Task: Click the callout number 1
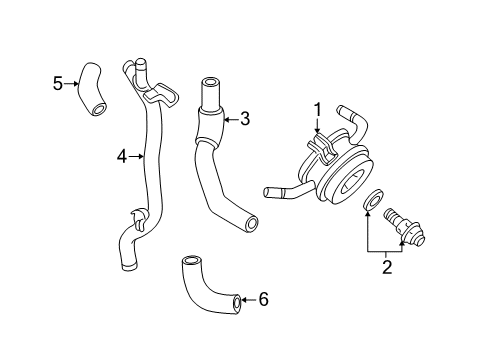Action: (x=317, y=109)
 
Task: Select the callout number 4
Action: (x=121, y=155)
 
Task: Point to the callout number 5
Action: (x=58, y=82)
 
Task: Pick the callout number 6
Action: (x=263, y=298)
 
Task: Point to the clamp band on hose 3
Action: (x=208, y=124)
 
